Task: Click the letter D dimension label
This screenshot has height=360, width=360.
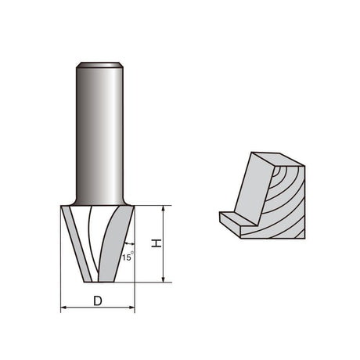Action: [98, 301]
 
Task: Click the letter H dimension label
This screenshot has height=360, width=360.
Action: [157, 243]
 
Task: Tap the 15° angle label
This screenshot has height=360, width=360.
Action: [128, 257]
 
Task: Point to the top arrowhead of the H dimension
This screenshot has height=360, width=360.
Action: [164, 208]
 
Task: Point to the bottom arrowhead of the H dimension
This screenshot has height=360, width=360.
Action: [164, 279]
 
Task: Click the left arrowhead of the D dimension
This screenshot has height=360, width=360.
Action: [63, 308]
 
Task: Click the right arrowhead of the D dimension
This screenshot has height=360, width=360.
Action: [132, 308]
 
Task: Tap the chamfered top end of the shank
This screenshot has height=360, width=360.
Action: [99, 65]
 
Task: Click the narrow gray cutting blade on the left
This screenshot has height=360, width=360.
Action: [77, 244]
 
